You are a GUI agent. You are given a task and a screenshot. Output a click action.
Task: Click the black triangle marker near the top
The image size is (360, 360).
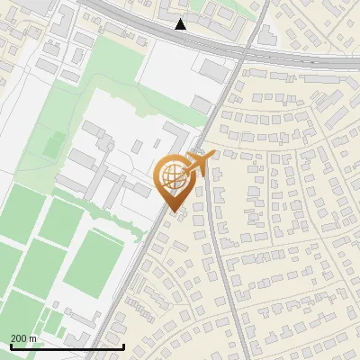pos(181,24)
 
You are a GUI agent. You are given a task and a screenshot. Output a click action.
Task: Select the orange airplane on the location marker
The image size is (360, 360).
pos(200,164)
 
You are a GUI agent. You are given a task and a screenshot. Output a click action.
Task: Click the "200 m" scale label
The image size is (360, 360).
pos(24,338)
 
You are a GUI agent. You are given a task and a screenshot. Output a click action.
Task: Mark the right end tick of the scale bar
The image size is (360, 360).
pos(123,346)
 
